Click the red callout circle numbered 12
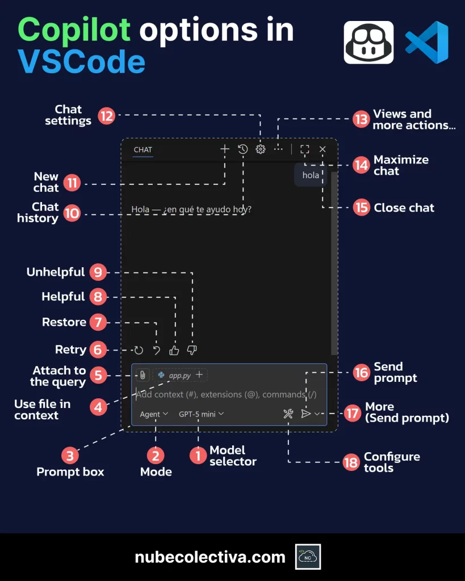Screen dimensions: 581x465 tap(106, 116)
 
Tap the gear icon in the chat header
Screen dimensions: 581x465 tap(261, 149)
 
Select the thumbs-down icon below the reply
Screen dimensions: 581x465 tap(192, 350)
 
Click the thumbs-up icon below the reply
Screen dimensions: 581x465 tap(174, 350)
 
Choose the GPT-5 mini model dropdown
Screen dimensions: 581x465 tap(202, 414)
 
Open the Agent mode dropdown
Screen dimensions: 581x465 tap(154, 414)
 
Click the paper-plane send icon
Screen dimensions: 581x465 tap(306, 414)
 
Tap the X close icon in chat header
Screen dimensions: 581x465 tap(322, 149)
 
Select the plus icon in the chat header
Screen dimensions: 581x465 tap(225, 149)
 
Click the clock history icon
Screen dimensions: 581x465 tap(243, 149)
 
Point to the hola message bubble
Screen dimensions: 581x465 tap(311, 175)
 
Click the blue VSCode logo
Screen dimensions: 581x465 tap(426, 42)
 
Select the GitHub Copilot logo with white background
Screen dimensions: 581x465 tap(368, 42)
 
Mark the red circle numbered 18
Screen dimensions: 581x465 tap(351, 462)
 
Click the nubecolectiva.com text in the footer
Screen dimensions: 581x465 tap(210, 557)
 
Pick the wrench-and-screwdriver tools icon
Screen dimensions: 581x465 tap(288, 414)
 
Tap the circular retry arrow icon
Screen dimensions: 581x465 tap(139, 350)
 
